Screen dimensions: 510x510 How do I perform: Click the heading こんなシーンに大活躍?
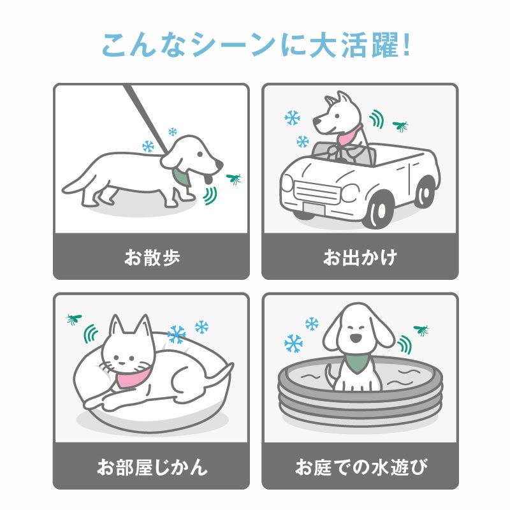(256, 45)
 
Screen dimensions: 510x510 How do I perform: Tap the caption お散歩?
(152, 258)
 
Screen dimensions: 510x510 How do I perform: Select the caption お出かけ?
(360, 258)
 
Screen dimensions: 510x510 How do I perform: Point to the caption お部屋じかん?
(152, 467)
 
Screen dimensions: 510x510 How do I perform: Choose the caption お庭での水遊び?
(361, 467)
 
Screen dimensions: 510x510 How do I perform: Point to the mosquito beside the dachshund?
(234, 178)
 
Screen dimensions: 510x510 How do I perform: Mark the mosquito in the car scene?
(400, 126)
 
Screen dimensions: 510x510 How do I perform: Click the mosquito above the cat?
(74, 319)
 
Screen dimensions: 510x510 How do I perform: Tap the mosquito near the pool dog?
(421, 330)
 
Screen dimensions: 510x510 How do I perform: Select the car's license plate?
(314, 208)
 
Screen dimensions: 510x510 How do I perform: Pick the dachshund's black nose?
(220, 165)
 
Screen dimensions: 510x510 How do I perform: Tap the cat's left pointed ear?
(115, 326)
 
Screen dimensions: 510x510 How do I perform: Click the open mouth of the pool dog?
(356, 338)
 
